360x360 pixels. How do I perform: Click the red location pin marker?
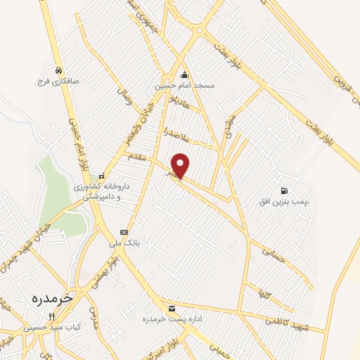coord(181,165)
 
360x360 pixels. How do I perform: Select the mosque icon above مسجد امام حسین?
coord(184,75)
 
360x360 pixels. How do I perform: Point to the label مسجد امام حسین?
coord(184,86)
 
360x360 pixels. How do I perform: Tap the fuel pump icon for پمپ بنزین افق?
coord(284,190)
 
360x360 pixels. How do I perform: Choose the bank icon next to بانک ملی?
coord(124,231)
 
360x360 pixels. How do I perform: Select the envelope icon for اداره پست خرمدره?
coord(172,309)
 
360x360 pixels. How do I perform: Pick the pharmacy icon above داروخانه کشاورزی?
coord(103,176)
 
